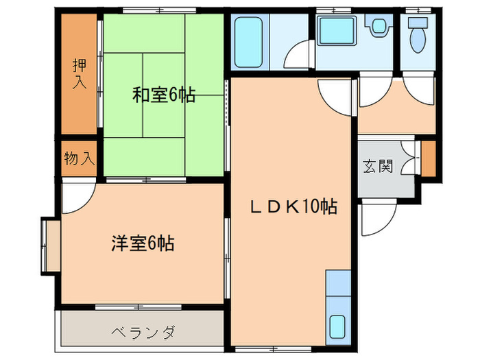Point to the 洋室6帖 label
tap(143, 243)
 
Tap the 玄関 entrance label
tap(378, 166)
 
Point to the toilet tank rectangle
tap(416, 21)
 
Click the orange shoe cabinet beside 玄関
tap(429, 158)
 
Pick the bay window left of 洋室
tap(49, 244)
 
